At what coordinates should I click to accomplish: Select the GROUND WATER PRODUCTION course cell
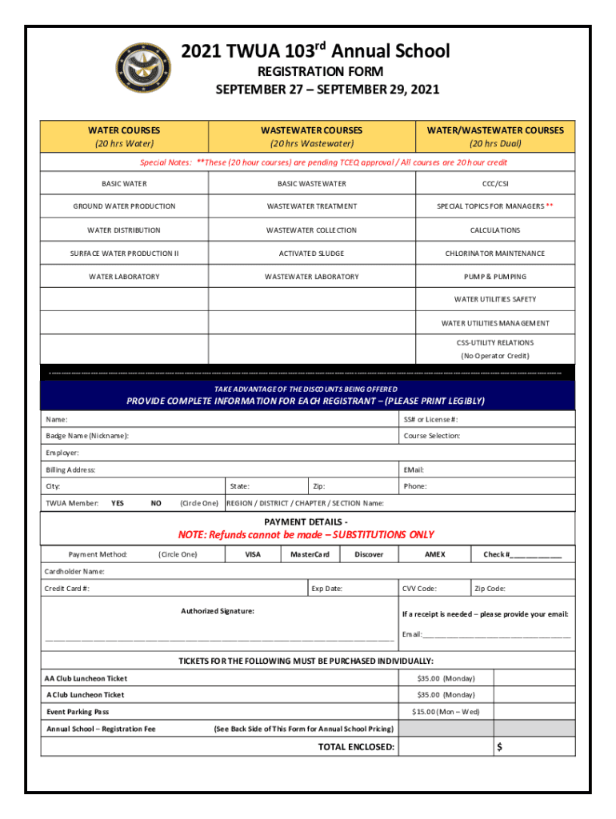point(124,206)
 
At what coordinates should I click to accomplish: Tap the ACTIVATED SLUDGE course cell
point(311,254)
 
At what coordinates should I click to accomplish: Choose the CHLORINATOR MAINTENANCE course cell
point(494,254)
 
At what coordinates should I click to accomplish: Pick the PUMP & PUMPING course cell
point(494,277)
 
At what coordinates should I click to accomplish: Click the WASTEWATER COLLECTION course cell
point(311,230)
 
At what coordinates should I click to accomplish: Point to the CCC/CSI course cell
point(494,184)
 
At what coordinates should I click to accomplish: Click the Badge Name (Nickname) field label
point(87,436)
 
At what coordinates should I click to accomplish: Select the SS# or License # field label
point(430,419)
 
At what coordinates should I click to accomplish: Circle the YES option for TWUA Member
point(118,503)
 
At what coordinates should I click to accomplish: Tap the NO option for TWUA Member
point(156,503)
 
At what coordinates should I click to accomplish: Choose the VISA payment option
point(253,554)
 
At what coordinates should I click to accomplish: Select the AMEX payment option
point(434,554)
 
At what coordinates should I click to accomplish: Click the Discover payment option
point(369,554)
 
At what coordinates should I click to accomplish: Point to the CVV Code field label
point(419,589)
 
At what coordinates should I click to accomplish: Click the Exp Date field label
point(326,589)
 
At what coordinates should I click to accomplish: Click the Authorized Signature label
point(218,611)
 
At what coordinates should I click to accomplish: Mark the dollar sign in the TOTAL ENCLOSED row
point(499,747)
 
